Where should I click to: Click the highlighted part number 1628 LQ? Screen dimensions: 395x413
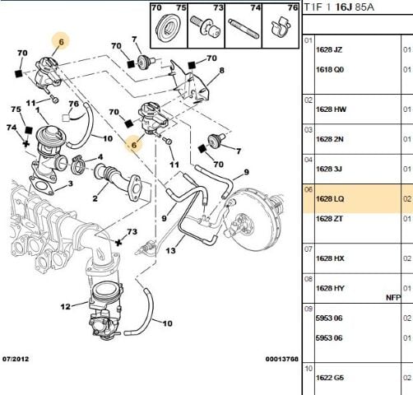tap(334, 198)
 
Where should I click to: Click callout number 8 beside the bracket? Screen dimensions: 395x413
tap(221, 72)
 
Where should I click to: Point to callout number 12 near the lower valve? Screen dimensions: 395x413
tap(66, 307)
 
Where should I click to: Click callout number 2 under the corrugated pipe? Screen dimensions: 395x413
tap(95, 198)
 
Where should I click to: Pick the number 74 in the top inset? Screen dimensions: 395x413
tap(255, 7)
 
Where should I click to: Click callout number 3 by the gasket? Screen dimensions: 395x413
tap(70, 185)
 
